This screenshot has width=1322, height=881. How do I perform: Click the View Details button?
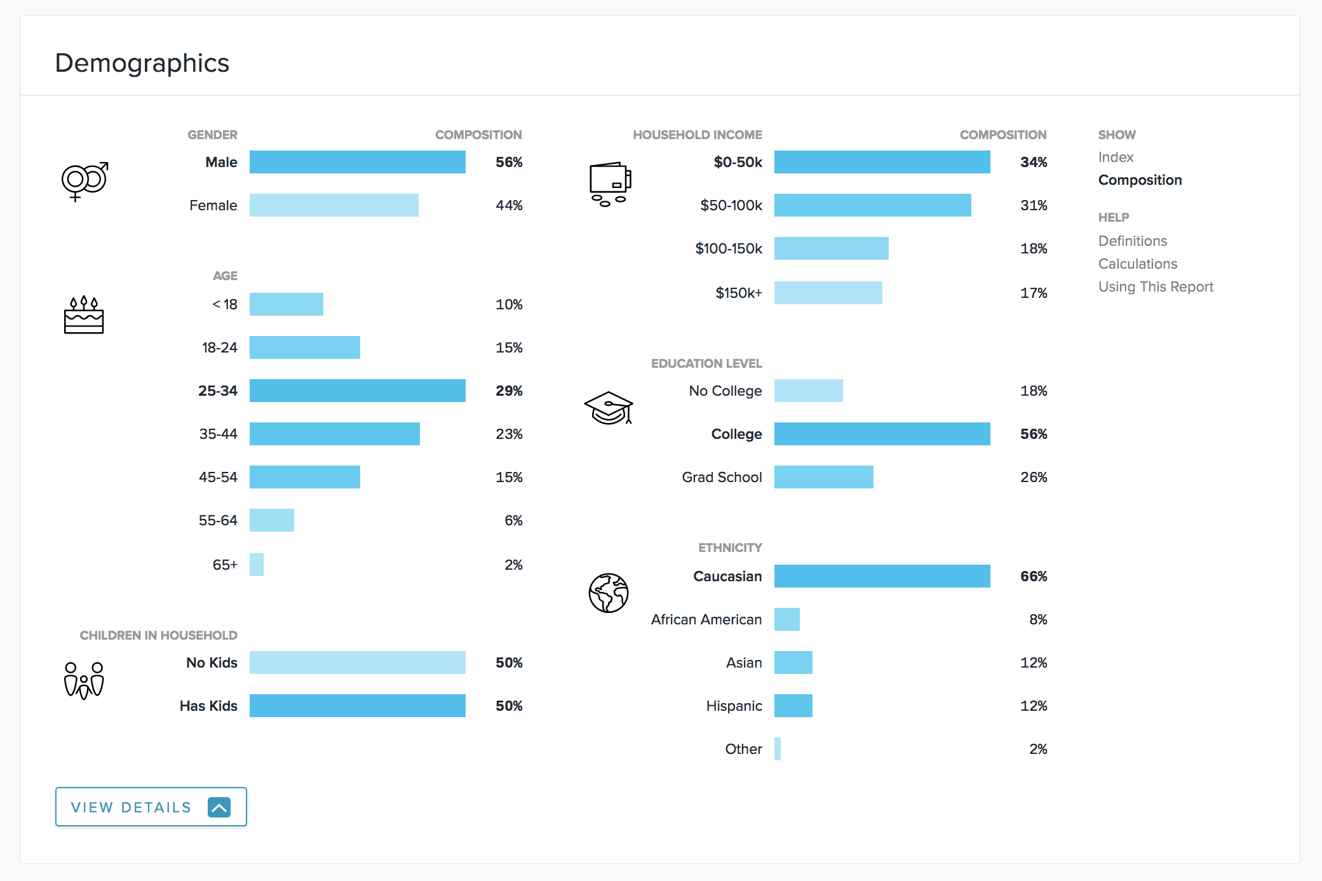pos(151,807)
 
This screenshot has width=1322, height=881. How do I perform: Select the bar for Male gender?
pos(357,162)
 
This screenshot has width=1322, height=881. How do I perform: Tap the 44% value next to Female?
pos(509,205)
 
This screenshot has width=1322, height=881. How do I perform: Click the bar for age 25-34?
pos(357,391)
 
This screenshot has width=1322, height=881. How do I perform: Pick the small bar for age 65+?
pos(257,565)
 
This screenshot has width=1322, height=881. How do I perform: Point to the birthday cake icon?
pos(84,315)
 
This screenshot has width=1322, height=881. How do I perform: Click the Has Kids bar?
pos(357,706)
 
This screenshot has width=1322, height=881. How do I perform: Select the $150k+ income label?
pos(738,293)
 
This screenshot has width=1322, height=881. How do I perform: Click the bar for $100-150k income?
pos(831,248)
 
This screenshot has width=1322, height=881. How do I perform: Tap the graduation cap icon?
pos(609,408)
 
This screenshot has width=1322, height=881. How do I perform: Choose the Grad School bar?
pos(823,477)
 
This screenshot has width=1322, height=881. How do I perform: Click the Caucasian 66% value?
pos(1034,576)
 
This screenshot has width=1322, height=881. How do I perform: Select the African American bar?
pos(786,619)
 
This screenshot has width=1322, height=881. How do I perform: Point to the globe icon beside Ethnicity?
pos(609,593)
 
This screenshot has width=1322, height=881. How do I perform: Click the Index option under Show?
pos(1116,157)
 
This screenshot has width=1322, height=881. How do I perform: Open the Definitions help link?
pos(1133,241)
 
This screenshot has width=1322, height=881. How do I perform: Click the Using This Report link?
pos(1156,286)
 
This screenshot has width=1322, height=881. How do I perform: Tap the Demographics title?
pos(142,63)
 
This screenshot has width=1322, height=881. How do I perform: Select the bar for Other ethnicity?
pos(778,749)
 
